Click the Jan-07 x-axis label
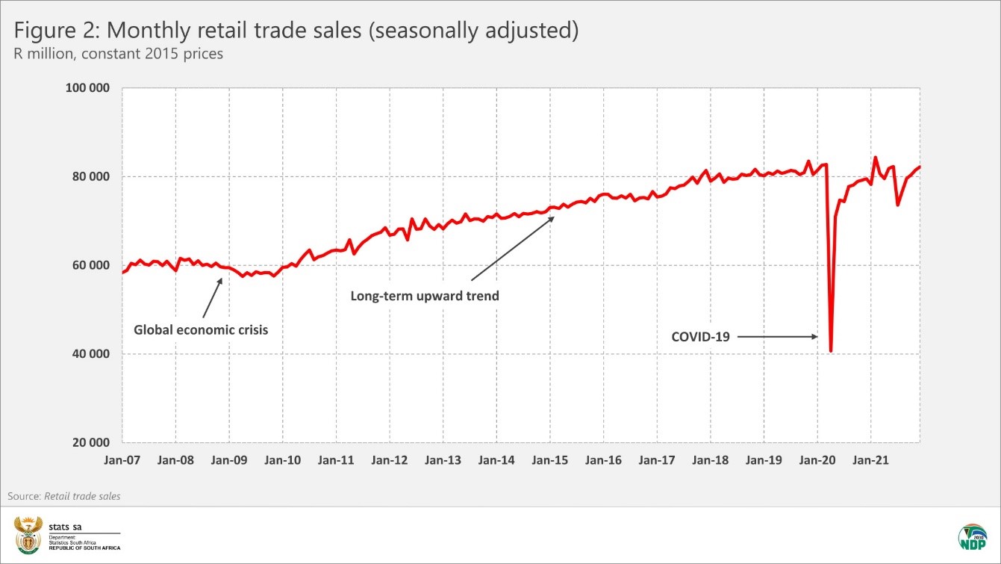pyautogui.click(x=122, y=460)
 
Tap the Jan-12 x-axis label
pyautogui.click(x=390, y=460)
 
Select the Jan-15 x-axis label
pyautogui.click(x=550, y=460)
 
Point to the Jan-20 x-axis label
pyautogui.click(x=817, y=460)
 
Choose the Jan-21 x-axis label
pyautogui.click(x=870, y=460)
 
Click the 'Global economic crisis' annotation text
pyautogui.click(x=201, y=329)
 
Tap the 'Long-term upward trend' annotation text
pyautogui.click(x=425, y=296)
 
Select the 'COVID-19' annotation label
pyautogui.click(x=700, y=337)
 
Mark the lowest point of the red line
pyautogui.click(x=831, y=350)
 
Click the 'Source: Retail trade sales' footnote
pyautogui.click(x=64, y=496)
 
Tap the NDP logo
pyautogui.click(x=973, y=537)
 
